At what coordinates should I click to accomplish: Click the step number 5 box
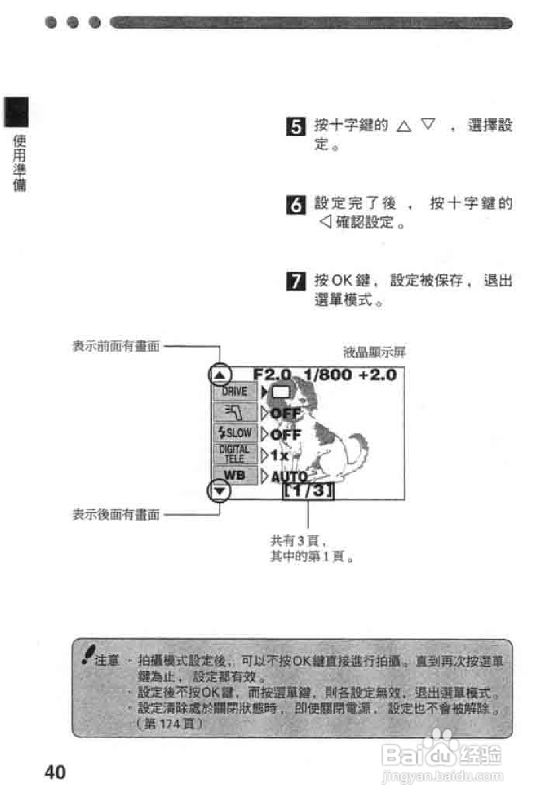(x=296, y=127)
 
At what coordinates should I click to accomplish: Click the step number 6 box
(x=296, y=205)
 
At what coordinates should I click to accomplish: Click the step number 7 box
(x=296, y=281)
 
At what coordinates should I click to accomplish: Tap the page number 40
(x=55, y=772)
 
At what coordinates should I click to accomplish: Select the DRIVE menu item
(x=235, y=391)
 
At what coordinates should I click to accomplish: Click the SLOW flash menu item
(x=235, y=432)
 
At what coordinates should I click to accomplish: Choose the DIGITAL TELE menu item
(x=235, y=454)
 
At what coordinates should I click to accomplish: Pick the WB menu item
(x=235, y=475)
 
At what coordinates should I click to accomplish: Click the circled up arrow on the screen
(x=220, y=375)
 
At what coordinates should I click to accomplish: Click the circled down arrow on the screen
(x=219, y=491)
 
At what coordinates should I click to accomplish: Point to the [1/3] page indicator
(x=308, y=491)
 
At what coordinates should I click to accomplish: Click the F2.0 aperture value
(x=272, y=374)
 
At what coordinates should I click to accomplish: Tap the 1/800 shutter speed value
(x=327, y=374)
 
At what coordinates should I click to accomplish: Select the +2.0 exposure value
(x=378, y=374)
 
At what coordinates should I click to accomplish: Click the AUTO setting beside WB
(x=289, y=477)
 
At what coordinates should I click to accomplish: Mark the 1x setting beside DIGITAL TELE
(x=279, y=455)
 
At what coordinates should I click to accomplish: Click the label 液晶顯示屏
(x=374, y=352)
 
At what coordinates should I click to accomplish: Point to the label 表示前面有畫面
(x=116, y=346)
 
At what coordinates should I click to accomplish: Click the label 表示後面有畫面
(x=116, y=515)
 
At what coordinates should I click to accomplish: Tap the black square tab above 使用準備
(x=16, y=112)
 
